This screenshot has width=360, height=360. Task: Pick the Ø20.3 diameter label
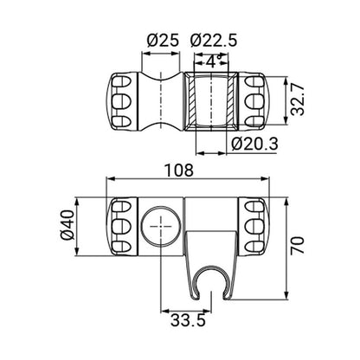click(x=257, y=145)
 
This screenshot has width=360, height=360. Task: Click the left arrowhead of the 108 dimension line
click(x=108, y=180)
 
